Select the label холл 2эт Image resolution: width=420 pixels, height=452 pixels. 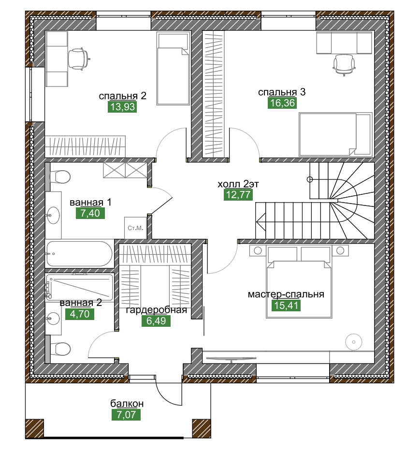tap(238, 184)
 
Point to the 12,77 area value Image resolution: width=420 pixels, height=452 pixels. tap(238, 195)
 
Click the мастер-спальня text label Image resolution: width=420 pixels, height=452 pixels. tap(286, 294)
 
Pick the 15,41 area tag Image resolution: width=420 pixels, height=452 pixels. tap(286, 306)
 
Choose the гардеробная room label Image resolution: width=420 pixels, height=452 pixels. tap(156, 310)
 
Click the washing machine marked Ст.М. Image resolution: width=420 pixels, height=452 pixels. tap(135, 227)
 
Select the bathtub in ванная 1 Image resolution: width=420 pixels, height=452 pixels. tap(79, 253)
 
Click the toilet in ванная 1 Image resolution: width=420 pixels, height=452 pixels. tap(60, 177)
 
